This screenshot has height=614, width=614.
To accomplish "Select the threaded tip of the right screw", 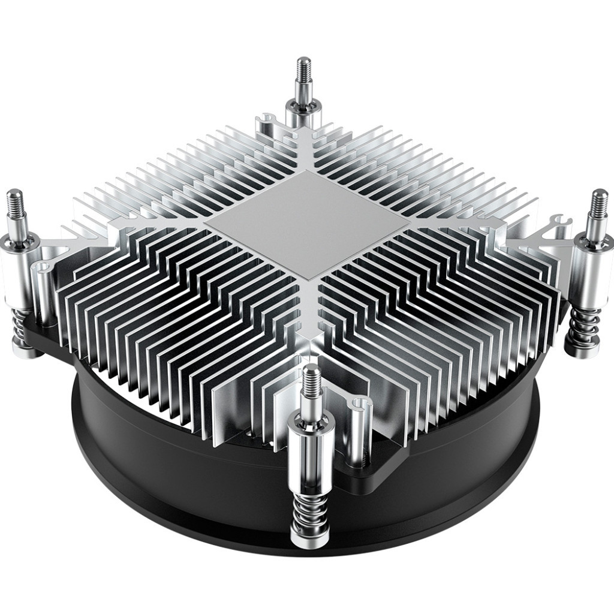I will pos(598,207).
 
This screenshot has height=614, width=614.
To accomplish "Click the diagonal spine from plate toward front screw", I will pos(309,324).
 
